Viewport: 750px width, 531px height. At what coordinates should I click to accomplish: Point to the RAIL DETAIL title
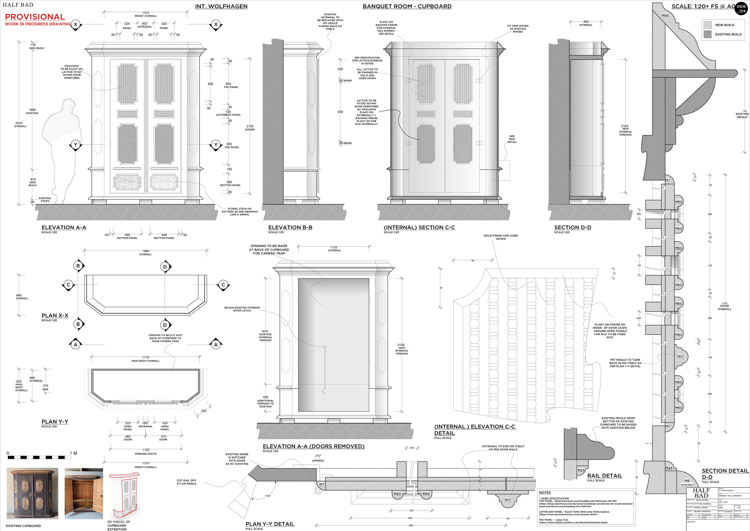(605, 476)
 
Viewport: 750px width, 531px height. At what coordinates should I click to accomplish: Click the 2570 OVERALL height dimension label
(20, 125)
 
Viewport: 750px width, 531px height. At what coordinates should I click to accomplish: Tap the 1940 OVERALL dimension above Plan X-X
(146, 252)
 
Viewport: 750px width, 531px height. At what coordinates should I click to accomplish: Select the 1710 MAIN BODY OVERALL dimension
(146, 359)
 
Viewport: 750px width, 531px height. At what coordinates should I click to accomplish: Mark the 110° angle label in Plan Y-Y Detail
(268, 496)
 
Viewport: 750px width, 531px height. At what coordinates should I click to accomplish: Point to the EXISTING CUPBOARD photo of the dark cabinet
(32, 493)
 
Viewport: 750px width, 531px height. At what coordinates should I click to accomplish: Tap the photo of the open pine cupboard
(84, 493)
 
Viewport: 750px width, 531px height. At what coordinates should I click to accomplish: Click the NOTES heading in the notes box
(545, 492)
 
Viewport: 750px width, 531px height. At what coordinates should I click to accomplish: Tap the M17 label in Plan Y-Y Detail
(508, 500)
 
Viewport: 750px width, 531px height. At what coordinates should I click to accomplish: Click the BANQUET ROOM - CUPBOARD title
(407, 6)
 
